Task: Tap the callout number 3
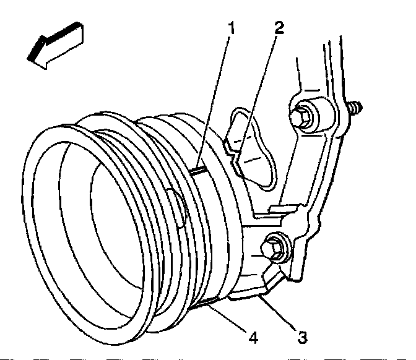point(302,338)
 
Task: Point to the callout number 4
point(253,338)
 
